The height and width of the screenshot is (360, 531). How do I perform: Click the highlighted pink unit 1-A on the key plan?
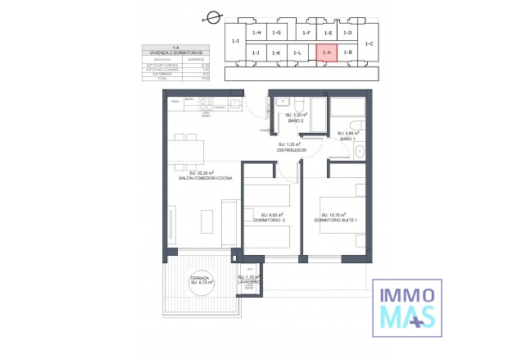[x=326, y=52]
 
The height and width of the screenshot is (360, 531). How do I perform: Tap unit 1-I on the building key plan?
[x=235, y=41]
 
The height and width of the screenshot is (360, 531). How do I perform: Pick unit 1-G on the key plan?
[x=277, y=33]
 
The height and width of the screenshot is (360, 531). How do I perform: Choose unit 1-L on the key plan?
[x=297, y=52]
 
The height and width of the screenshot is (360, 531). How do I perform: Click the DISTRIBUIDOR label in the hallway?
[x=291, y=150]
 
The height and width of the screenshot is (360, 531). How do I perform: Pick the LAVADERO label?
[x=248, y=281]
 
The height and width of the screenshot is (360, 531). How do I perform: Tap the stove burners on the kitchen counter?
[x=206, y=104]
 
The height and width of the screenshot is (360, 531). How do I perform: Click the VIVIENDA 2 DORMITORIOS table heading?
[x=173, y=52]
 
